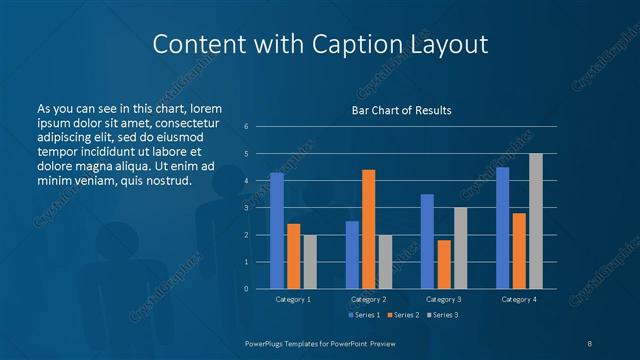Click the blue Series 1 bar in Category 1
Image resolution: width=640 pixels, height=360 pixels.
pos(277,231)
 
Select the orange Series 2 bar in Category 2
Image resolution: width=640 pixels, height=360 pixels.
pos(369,229)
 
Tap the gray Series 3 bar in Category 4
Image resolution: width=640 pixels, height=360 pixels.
pos(536,221)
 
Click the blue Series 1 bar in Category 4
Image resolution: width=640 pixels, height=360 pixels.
pos(503,228)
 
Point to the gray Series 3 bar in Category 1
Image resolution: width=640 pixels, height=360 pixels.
pos(310,262)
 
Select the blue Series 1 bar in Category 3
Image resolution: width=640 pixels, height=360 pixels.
pos(427,241)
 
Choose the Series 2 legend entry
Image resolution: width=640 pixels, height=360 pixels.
pos(402,315)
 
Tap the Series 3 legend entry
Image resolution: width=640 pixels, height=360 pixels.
pos(441,315)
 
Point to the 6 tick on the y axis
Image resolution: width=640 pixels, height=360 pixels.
pos(247,127)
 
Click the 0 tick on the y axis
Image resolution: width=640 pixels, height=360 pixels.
pos(247,289)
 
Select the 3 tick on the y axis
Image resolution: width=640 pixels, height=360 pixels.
pos(247,208)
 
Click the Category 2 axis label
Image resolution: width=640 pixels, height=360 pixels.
pos(369,299)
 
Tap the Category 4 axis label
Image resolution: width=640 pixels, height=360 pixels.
pos(519,299)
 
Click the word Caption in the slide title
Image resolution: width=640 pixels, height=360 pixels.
pos(372,45)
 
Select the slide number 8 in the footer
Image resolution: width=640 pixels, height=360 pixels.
pos(590,343)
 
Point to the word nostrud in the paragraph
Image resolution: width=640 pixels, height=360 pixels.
pos(167,180)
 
